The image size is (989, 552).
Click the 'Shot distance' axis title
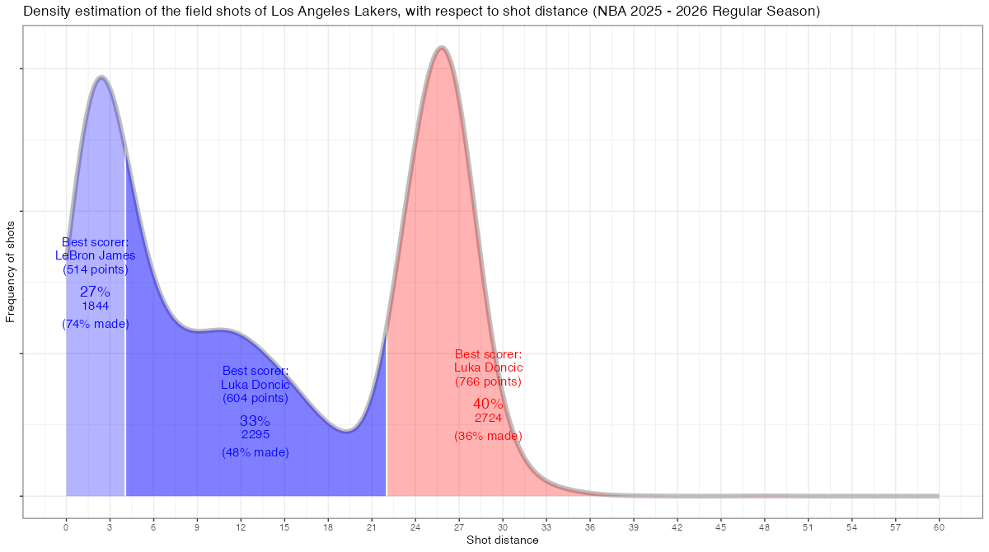502,540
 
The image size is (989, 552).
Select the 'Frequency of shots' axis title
11,271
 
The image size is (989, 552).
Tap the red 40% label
488,404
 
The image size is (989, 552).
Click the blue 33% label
255,421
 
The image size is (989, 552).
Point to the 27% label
95,292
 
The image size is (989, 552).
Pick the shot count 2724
488,419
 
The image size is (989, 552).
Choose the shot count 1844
95,306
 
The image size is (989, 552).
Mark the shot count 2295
255,434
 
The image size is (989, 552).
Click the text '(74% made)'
95,324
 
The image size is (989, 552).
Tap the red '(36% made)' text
488,436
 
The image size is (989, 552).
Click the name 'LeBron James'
95,255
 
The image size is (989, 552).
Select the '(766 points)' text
488,381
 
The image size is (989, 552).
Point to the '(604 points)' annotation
255,398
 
